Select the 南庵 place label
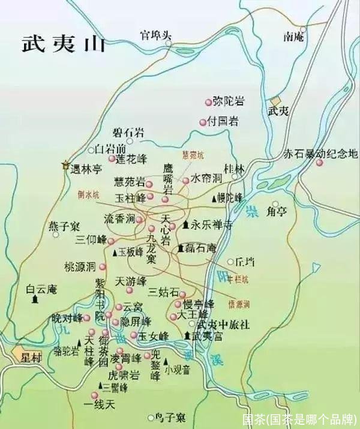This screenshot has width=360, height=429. coord(296,37)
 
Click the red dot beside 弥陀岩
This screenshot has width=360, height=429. coord(209,101)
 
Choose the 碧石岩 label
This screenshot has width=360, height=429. coord(128,132)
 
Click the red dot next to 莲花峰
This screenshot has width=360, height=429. coord(112,159)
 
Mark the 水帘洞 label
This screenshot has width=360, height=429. coord(206,179)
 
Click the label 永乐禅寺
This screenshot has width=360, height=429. coord(212,226)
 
